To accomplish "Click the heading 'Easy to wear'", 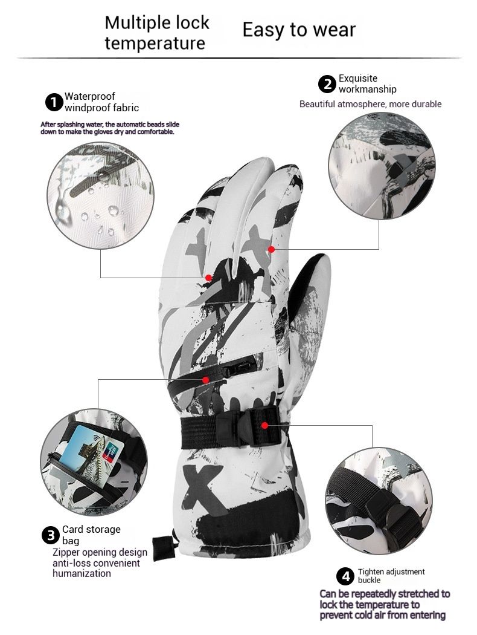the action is pos(299,30).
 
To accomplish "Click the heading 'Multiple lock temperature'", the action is pos(157,33).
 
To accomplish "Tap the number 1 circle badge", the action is pos(53,102).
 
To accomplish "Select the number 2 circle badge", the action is pos(327,84).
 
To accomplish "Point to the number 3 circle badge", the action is pos(51,535).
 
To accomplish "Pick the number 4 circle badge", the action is pos(345,576).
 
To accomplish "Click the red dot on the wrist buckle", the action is pos(264,425).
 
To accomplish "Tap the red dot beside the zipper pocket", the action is pos(206,380).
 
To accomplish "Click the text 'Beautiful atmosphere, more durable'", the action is pos(370,104).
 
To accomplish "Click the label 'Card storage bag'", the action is pos(91,535).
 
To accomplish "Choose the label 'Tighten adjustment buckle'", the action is pos(391,576).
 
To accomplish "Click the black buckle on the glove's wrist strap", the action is pos(248,427).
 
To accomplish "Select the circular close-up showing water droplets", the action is pos(100,195).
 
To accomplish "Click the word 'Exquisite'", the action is pos(357,79).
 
